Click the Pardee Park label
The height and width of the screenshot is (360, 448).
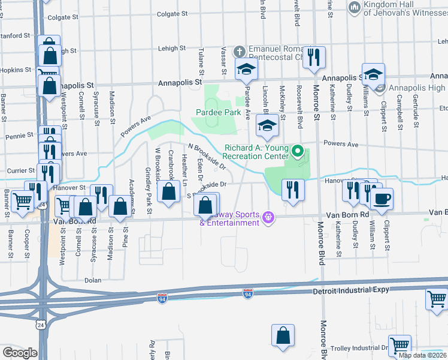220,112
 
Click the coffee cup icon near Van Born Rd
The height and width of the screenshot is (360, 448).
382,199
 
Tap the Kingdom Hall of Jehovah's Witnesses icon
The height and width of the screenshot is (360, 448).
353,7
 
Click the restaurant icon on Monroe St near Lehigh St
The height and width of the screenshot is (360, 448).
314,58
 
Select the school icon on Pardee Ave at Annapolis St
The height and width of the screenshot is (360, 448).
246,70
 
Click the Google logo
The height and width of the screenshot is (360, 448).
19,353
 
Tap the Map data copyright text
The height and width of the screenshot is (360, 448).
422,355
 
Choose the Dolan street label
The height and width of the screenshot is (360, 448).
92,280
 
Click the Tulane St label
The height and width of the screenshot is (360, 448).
201,61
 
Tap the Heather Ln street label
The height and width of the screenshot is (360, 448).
184,171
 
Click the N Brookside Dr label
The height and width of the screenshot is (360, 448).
207,156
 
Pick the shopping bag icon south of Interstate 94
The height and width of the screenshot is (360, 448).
283,337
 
